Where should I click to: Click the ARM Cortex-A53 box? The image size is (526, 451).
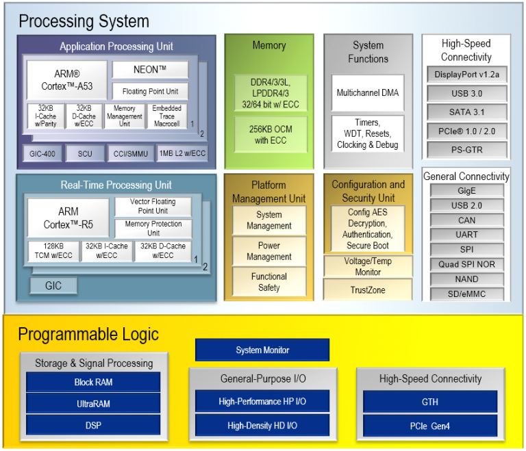(67, 80)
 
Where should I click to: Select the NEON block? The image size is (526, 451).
(150, 70)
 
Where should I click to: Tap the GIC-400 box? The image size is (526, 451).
(42, 154)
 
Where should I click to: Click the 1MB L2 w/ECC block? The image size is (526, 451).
(182, 154)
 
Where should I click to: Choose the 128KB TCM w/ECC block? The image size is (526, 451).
(52, 250)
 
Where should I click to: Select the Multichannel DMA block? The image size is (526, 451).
(368, 92)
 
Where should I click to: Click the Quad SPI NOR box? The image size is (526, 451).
(466, 265)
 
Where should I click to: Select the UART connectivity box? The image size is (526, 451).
(466, 235)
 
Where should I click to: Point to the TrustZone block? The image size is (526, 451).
(368, 290)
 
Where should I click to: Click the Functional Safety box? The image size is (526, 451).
(268, 282)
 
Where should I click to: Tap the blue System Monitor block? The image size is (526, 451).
(262, 350)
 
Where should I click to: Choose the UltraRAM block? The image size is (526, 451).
(93, 404)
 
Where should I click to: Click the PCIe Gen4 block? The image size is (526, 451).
(430, 426)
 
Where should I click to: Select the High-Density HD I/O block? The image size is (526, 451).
(262, 426)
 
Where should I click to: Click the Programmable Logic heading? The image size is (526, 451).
(88, 335)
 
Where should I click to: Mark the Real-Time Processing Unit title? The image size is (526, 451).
(116, 185)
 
